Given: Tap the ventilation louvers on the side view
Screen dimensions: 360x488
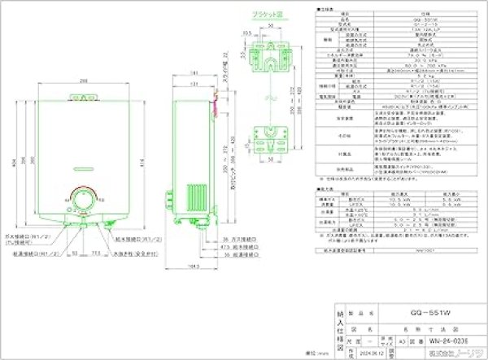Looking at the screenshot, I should point(195,200).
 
